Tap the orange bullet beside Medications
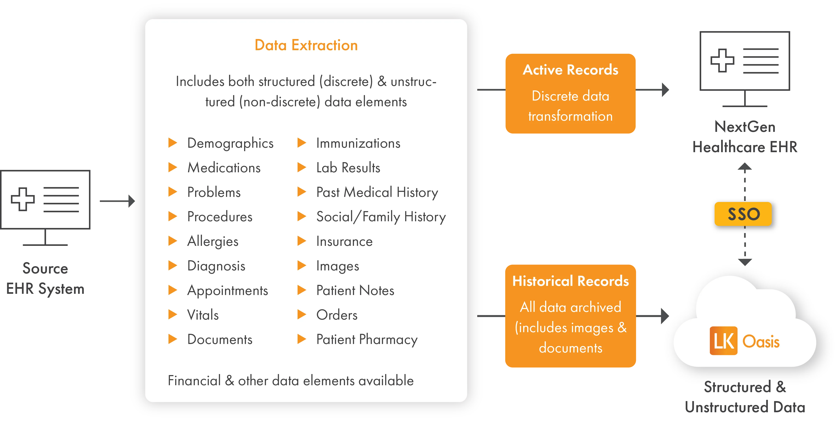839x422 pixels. click(x=172, y=167)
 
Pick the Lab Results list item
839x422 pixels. click(x=348, y=168)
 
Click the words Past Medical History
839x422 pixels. click(x=377, y=192)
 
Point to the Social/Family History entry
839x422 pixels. click(x=381, y=217)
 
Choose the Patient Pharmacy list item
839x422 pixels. click(x=367, y=340)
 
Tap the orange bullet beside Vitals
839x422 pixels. click(x=172, y=315)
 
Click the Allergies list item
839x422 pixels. click(x=213, y=242)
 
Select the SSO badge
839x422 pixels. click(x=744, y=214)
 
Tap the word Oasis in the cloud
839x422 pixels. click(x=761, y=342)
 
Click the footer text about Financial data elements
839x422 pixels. click(x=290, y=381)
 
